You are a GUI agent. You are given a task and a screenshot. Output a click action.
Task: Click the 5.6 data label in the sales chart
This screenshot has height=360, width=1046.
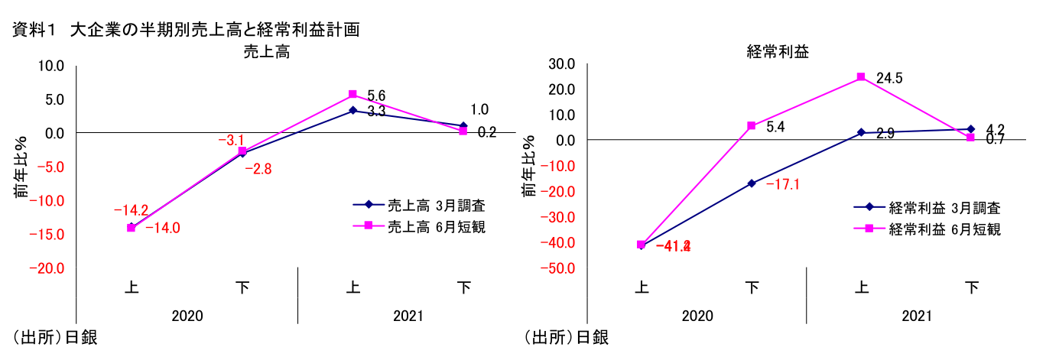376,96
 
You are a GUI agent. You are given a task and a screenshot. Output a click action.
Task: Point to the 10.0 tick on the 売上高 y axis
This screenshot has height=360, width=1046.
51,66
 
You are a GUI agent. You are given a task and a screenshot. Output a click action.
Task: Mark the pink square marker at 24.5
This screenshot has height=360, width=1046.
861,77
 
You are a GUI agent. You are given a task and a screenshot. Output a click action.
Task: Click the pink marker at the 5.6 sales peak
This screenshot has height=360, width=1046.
352,95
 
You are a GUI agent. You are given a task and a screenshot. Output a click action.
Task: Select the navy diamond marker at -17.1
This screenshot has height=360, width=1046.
751,183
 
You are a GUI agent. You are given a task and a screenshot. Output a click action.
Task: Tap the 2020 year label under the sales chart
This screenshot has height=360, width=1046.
187,315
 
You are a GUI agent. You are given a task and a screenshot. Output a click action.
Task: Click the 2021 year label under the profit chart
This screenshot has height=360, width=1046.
917,315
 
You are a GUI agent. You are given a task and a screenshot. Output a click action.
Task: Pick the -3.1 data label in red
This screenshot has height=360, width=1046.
231,140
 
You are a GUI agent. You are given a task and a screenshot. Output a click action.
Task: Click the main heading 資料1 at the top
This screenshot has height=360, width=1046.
36,31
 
